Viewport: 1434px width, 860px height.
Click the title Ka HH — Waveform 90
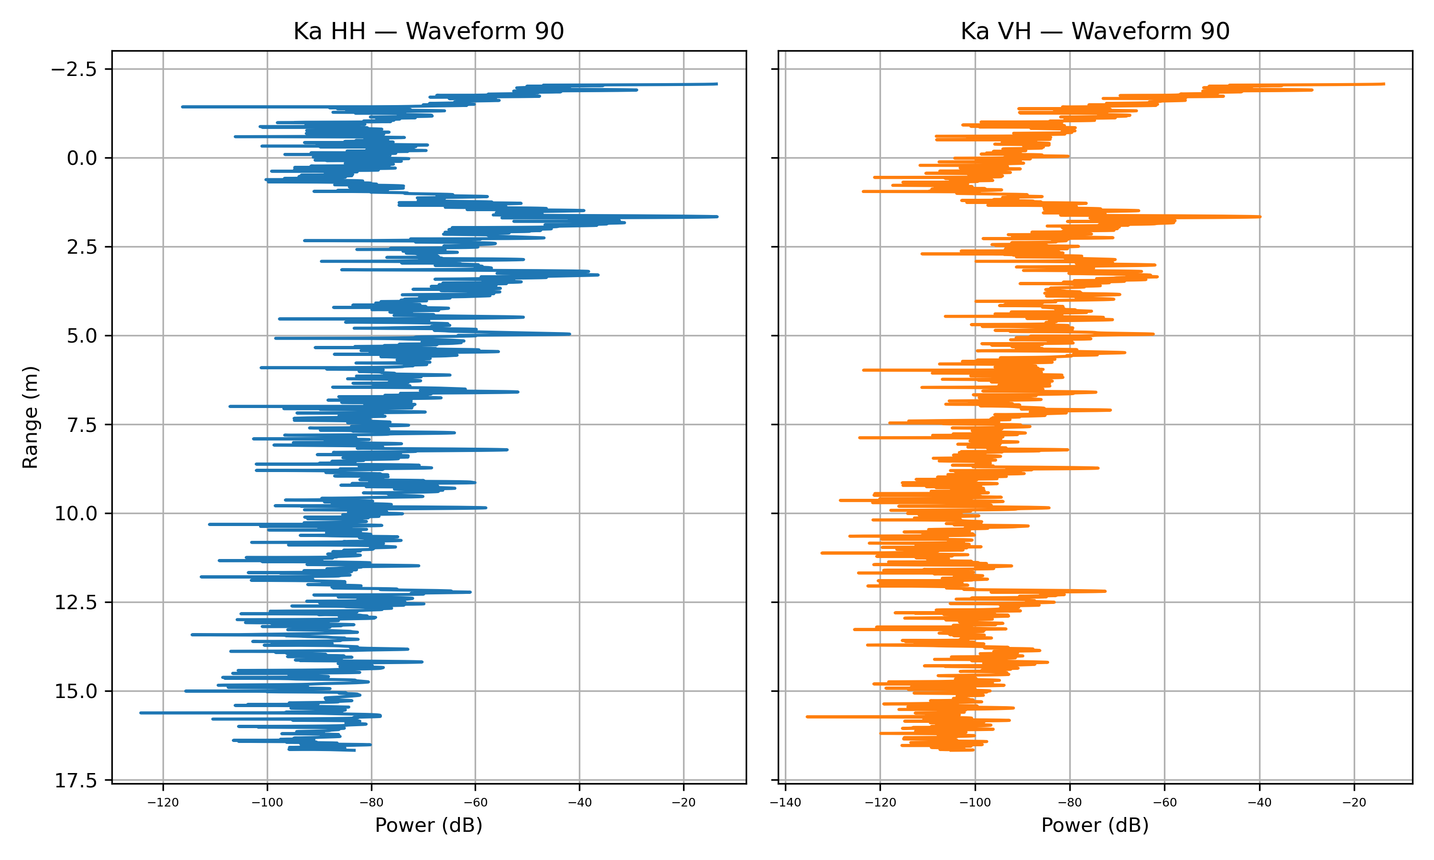point(428,31)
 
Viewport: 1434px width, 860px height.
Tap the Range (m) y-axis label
point(30,417)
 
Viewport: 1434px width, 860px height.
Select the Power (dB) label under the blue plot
point(428,825)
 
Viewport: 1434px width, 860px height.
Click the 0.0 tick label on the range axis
point(82,158)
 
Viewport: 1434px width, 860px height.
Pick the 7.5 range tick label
point(82,425)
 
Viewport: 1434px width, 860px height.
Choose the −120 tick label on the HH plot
point(163,803)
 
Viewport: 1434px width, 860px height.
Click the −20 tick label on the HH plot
point(684,803)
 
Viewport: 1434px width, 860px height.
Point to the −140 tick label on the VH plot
point(785,803)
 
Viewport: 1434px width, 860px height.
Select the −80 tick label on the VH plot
point(1070,803)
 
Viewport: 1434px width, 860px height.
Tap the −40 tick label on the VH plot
point(1260,803)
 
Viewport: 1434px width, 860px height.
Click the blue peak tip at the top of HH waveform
point(717,84)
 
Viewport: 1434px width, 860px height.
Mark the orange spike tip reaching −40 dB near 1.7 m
point(1260,217)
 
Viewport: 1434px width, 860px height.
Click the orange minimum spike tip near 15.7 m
point(807,717)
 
